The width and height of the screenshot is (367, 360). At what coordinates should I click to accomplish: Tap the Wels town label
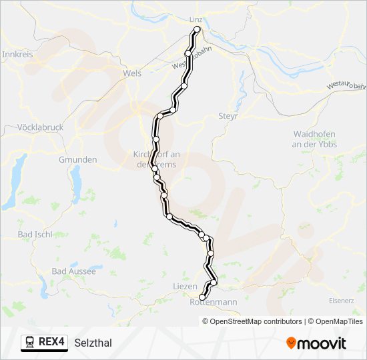coord(132,73)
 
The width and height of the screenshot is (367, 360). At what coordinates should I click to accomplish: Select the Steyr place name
coord(228,116)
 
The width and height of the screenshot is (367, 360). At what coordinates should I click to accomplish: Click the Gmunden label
coord(78,160)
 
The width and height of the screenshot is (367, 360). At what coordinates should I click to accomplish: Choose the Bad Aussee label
coord(74,271)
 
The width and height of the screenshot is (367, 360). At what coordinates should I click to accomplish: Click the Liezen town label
coord(185,286)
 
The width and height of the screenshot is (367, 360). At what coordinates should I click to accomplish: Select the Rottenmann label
coord(214,302)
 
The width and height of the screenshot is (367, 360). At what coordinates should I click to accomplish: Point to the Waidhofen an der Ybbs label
coord(315,139)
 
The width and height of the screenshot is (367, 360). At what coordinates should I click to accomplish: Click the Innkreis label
coord(18,54)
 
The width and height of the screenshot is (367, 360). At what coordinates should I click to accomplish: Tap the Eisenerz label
coord(341,301)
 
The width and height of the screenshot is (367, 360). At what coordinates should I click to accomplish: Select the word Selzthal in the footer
coord(93,343)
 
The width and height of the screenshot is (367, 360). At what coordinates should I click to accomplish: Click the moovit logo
coord(316,343)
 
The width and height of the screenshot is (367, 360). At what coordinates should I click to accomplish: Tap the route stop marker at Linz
coord(197,30)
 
